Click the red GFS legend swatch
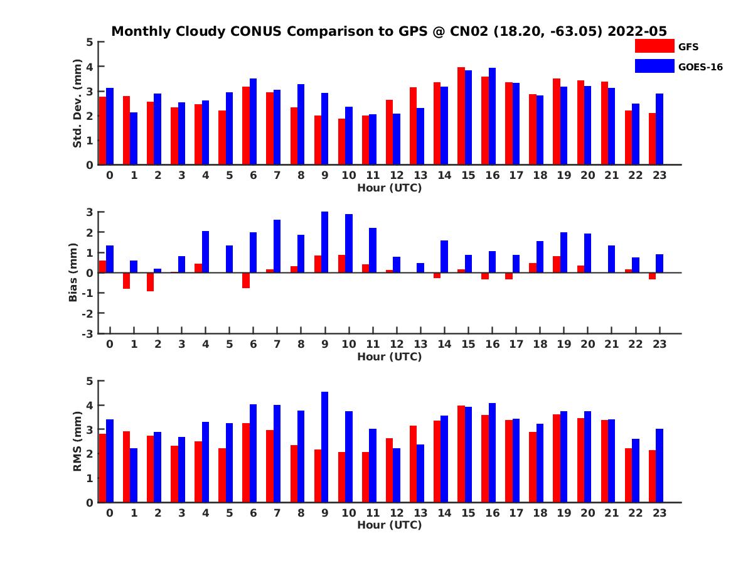[654, 46]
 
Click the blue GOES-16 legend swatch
[654, 65]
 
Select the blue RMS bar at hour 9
[325, 447]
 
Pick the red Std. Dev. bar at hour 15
[461, 116]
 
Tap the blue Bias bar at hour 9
[325, 242]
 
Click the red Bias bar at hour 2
[150, 282]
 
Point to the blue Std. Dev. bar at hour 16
[493, 116]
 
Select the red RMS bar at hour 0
[102, 468]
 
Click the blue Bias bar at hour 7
[277, 246]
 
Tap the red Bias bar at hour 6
[246, 280]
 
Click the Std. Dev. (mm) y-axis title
[77, 104]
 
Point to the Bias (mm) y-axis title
[73, 272]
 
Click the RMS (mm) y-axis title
[77, 442]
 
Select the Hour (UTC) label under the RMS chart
[389, 525]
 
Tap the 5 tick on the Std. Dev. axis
[90, 42]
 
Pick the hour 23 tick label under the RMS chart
[659, 512]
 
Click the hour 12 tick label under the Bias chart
[397, 344]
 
